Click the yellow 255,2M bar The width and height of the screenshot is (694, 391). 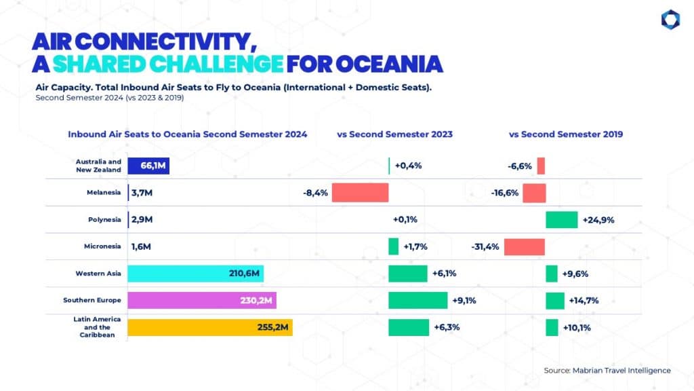click(210, 328)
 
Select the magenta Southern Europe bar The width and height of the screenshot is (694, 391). click(202, 300)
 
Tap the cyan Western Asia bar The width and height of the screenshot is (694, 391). click(196, 274)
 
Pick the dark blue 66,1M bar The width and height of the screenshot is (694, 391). click(148, 166)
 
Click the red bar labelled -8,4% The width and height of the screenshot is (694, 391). click(361, 193)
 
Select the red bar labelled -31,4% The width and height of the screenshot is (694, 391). click(525, 247)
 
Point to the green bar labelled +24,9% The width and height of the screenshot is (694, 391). click(562, 220)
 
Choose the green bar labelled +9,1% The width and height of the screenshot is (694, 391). click(417, 300)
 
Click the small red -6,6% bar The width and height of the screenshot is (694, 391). click(541, 166)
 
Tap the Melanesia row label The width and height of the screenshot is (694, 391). click(104, 192)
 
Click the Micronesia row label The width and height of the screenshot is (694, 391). click(102, 246)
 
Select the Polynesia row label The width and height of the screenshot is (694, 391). click(104, 219)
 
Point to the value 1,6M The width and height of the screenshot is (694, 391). click(141, 246)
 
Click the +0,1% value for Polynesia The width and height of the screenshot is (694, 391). click(405, 219)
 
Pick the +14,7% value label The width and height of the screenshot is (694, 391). click(584, 301)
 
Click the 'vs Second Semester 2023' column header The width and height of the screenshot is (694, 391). click(395, 134)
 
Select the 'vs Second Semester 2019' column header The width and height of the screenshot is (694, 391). click(566, 134)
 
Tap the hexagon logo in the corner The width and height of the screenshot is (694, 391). click(670, 20)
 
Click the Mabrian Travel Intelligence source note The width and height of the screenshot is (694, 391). click(607, 371)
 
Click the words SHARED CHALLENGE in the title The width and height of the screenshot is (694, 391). click(168, 64)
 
